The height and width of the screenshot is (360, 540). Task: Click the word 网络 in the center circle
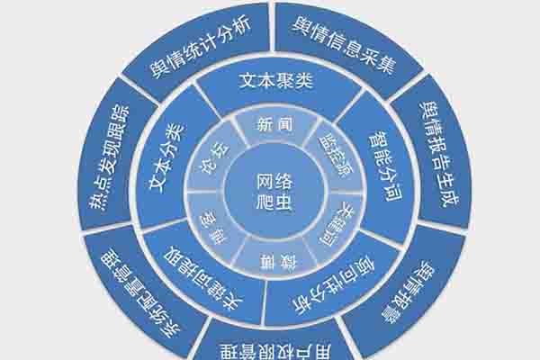tap(271, 177)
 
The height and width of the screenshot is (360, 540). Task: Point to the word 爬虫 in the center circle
tap(271, 202)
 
